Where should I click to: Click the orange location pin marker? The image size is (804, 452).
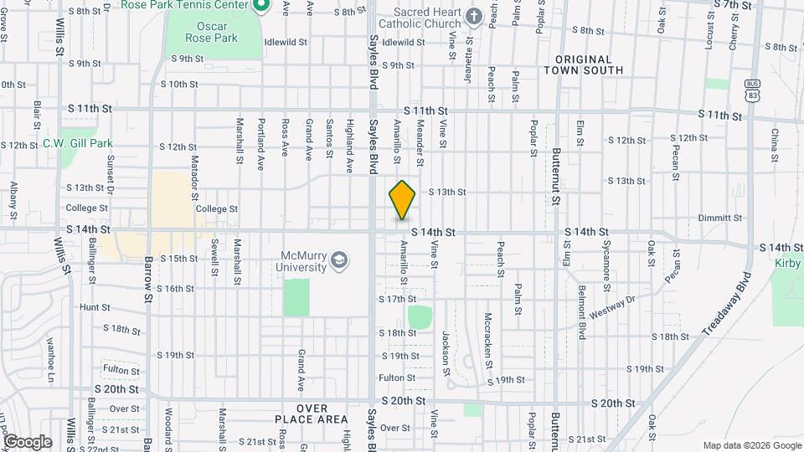[402, 199]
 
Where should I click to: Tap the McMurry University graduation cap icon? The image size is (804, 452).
[338, 260]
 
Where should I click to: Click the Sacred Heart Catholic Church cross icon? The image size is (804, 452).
[473, 18]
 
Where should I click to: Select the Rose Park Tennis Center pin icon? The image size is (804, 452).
[260, 6]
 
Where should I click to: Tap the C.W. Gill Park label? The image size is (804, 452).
[78, 144]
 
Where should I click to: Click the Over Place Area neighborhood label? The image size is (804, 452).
[311, 413]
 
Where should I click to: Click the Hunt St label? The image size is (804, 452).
[90, 308]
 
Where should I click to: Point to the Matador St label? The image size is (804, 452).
[194, 172]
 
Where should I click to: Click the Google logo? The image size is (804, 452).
[27, 442]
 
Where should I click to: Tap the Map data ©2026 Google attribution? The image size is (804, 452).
[751, 445]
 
